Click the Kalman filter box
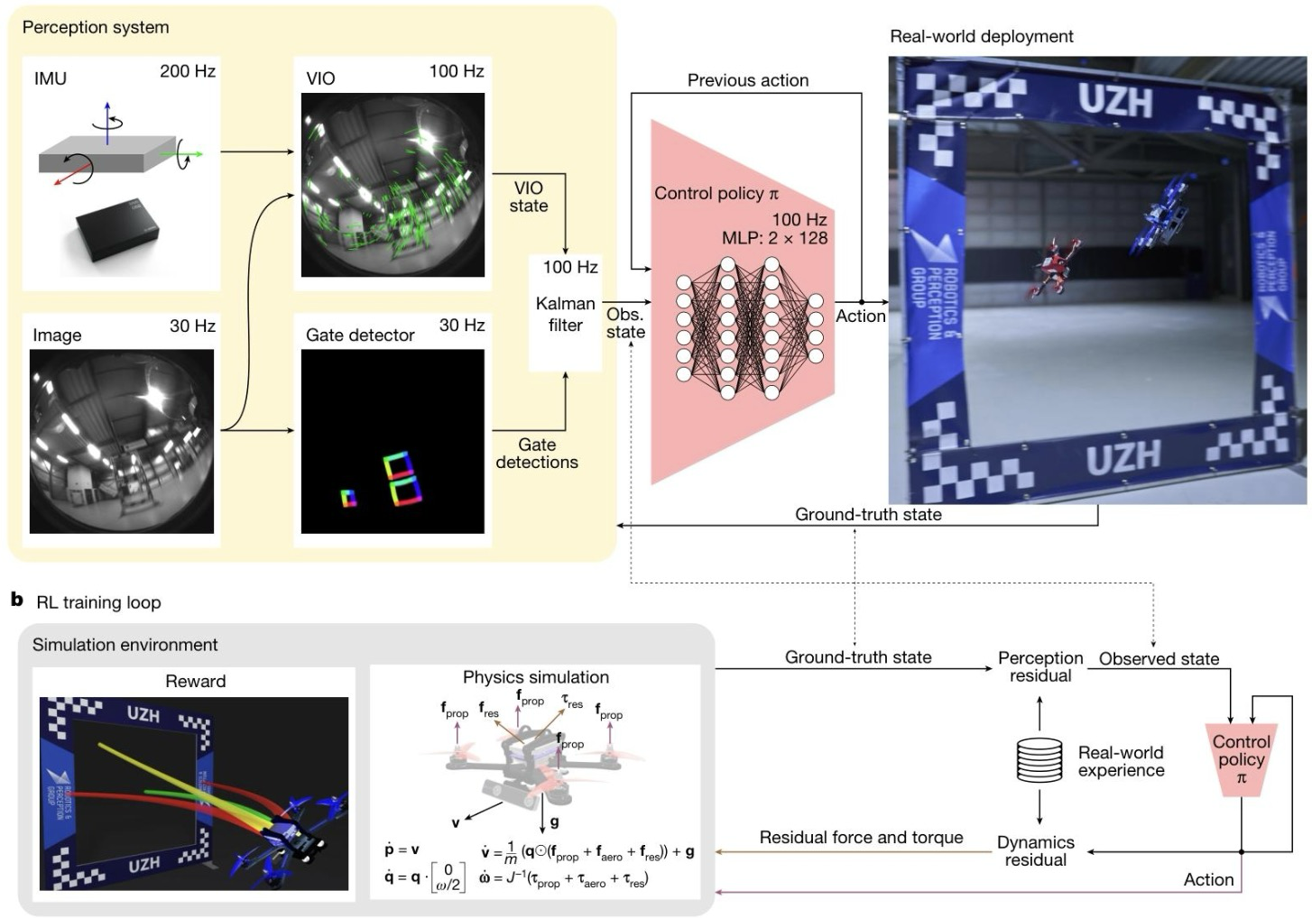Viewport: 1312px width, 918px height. [565, 314]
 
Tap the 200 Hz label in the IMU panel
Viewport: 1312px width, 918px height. [187, 71]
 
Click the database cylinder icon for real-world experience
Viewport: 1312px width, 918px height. [1039, 759]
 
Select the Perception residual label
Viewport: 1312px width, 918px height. [1039, 666]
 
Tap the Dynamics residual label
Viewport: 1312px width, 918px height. [1035, 850]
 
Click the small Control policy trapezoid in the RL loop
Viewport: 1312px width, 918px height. [1241, 758]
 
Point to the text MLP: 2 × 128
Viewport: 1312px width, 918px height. [774, 238]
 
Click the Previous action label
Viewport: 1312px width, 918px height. [747, 80]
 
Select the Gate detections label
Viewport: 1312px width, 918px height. [537, 454]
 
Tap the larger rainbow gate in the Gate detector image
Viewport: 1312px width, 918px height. [402, 477]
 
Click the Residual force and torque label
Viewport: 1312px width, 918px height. [861, 838]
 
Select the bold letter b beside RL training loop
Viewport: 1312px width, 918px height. [16, 600]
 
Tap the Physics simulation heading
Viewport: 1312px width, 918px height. [535, 677]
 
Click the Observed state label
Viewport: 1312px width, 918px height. [1159, 659]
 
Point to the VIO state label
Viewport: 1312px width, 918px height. [529, 197]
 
